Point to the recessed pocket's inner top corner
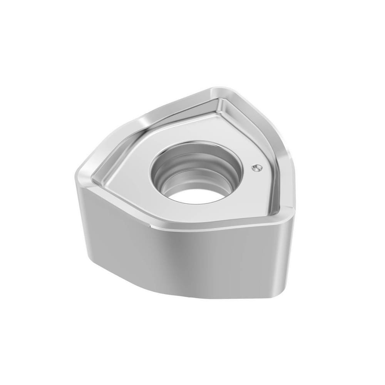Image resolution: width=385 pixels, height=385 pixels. [220, 101]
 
